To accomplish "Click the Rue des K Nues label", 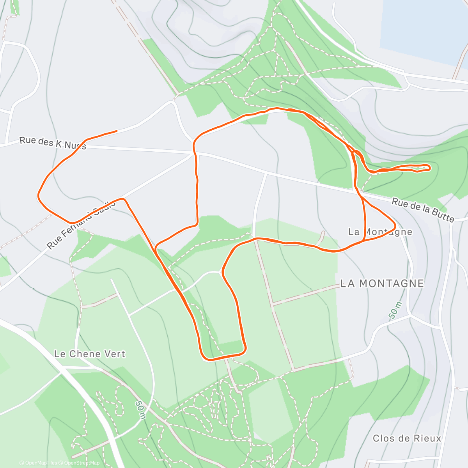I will [53, 143].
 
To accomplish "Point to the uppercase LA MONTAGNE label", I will [382, 283].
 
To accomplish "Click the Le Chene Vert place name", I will [90, 354].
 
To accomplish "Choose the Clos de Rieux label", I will [407, 438].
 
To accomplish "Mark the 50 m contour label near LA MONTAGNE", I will [395, 310].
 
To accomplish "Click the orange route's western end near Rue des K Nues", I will [117, 131].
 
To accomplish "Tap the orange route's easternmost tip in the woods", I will [430, 168].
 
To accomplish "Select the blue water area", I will [421, 27].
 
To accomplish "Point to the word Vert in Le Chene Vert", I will [115, 354].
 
